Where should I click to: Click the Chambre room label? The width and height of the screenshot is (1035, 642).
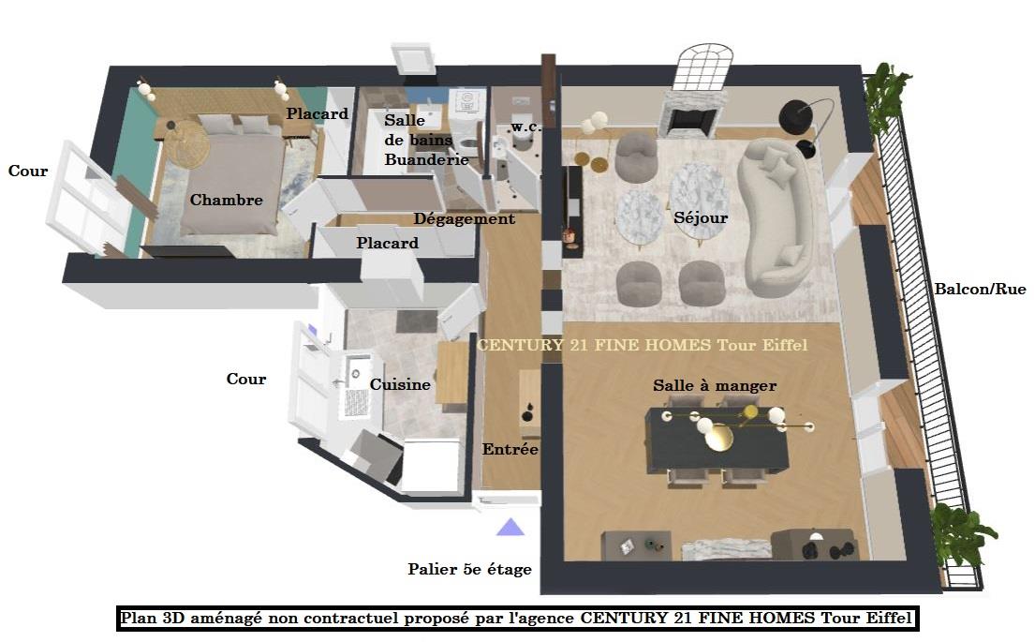tap(227, 200)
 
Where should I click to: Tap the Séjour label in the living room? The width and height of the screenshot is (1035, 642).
tap(701, 217)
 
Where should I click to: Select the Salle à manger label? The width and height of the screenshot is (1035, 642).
tap(715, 385)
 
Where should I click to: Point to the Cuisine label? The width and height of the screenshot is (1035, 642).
tap(400, 384)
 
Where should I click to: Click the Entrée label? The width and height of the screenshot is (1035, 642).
tap(510, 449)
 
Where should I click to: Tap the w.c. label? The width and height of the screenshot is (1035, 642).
tap(526, 127)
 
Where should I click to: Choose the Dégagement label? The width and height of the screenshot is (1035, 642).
tap(464, 218)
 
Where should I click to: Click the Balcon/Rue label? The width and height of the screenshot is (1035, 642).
tap(981, 289)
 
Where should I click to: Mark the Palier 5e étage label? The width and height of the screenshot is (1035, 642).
tap(469, 569)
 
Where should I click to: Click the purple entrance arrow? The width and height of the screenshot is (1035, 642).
tap(510, 527)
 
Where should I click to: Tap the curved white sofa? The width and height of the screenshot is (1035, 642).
tap(776, 218)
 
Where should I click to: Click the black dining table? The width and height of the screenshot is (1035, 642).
tap(717, 440)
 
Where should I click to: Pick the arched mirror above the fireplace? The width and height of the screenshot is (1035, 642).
tap(701, 67)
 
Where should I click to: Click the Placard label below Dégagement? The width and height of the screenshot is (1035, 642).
tap(388, 243)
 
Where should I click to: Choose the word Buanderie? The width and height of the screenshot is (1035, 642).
tap(426, 159)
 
